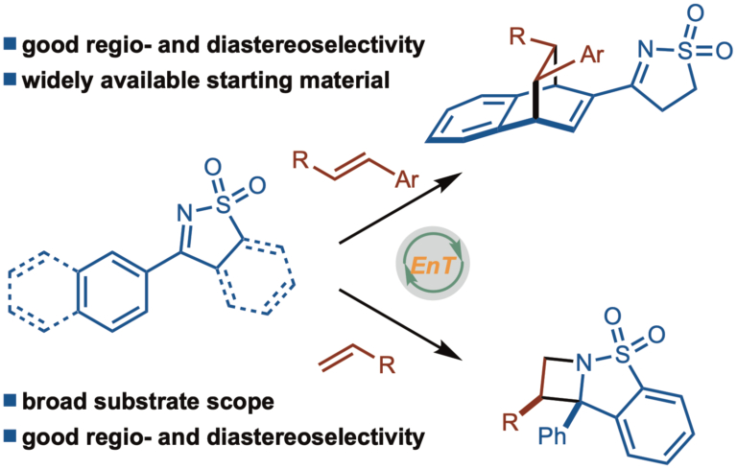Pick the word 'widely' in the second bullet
coord(67,82)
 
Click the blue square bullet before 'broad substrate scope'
coord(12,401)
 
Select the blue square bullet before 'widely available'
coord(12,82)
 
